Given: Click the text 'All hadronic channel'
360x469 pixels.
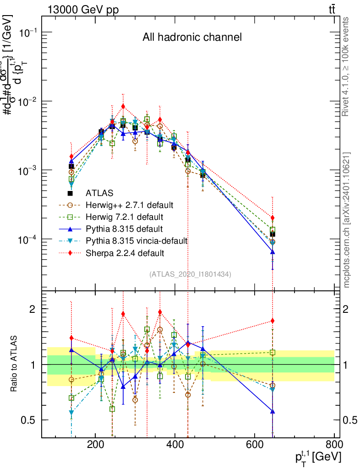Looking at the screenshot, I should (x=192, y=37).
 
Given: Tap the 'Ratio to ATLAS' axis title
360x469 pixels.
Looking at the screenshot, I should (x=15, y=364).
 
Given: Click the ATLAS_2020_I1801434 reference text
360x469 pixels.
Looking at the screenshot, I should (x=190, y=274).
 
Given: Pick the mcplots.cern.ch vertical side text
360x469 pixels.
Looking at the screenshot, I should (x=347, y=220).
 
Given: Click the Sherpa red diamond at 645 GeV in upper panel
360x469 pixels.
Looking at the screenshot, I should (x=273, y=218).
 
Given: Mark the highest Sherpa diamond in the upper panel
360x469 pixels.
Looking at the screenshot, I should (x=123, y=106).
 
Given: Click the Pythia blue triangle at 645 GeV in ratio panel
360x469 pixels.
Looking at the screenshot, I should (x=273, y=412).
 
